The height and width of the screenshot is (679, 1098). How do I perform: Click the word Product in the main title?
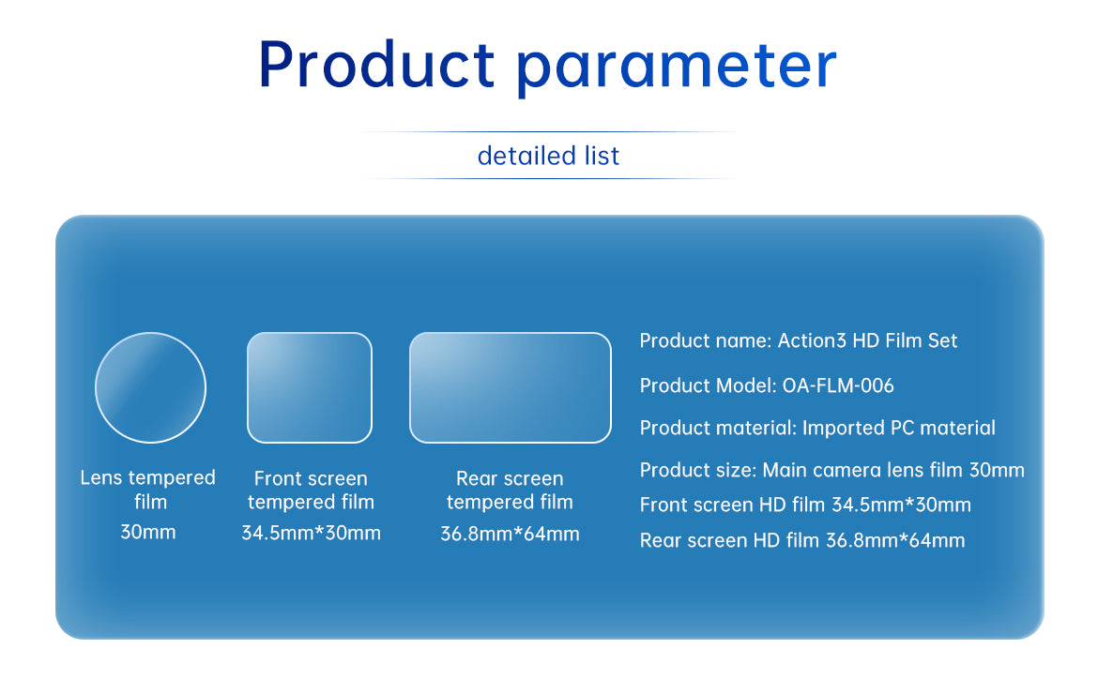[376, 65]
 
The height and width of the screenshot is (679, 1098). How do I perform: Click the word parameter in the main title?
[677, 68]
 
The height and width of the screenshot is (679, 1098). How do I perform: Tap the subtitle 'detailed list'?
[548, 156]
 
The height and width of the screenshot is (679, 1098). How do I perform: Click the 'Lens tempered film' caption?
[147, 490]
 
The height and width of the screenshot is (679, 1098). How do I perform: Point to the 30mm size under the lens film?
[147, 532]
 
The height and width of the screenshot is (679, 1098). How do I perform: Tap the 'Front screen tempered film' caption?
[311, 490]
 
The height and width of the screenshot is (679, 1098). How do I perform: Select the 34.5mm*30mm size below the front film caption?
[311, 534]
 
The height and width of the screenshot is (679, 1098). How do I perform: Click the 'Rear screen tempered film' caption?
[510, 490]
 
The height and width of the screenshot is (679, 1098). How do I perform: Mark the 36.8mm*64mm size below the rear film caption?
[510, 534]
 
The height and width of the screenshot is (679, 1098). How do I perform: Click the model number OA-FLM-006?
[838, 385]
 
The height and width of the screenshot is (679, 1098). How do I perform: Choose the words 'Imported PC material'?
[898, 428]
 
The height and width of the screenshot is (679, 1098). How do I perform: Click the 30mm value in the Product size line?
[997, 470]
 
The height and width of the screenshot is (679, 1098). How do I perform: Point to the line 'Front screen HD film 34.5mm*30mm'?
[805, 505]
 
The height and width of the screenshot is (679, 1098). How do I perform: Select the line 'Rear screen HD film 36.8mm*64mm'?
[802, 540]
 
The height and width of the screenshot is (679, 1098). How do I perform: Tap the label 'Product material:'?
[718, 428]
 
